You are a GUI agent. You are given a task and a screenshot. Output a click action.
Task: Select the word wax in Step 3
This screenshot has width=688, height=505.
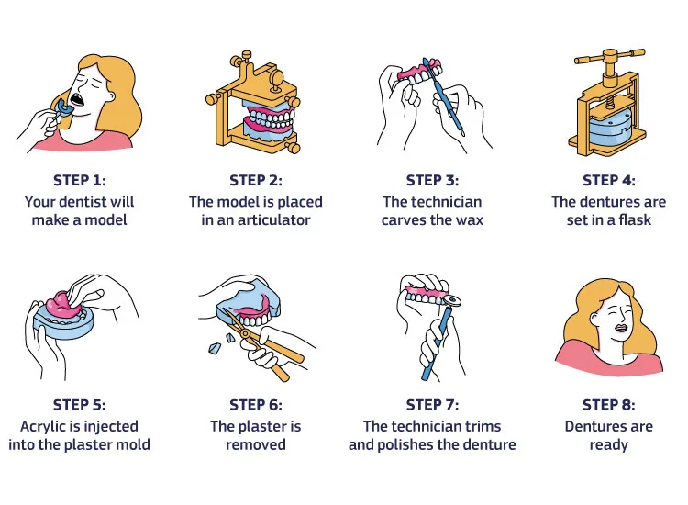(469, 220)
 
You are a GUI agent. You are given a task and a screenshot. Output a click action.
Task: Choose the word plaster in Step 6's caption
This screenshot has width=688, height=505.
(269, 426)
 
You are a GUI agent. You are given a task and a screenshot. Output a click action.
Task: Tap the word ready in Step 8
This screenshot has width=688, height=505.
(608, 445)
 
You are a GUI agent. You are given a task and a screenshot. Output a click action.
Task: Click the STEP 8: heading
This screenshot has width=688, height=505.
(608, 404)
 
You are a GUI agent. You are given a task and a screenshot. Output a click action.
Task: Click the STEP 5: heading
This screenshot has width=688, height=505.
(79, 404)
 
